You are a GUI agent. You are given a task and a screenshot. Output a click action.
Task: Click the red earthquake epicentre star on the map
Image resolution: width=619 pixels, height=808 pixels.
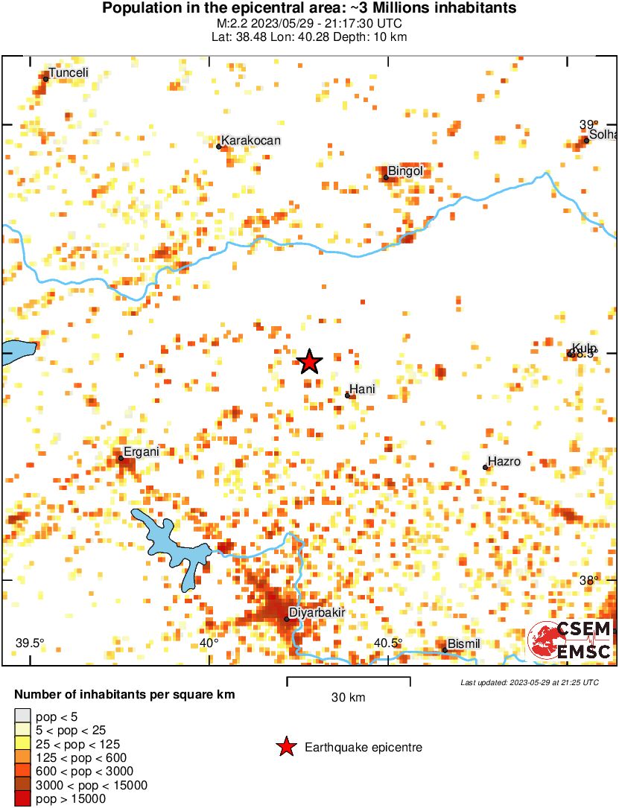(309, 362)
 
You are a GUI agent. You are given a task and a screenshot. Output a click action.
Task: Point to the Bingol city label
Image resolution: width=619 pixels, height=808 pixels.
(406, 171)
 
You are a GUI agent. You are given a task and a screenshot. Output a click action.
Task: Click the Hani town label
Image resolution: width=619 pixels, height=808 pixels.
(362, 389)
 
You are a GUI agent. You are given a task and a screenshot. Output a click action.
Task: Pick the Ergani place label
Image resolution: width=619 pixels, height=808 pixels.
(141, 451)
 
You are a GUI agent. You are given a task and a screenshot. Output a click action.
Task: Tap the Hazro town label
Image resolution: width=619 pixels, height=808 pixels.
(504, 462)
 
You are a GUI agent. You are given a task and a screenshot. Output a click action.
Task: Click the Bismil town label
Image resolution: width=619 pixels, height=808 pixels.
(463, 644)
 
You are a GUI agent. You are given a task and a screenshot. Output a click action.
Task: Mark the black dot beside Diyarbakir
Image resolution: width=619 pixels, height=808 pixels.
(287, 619)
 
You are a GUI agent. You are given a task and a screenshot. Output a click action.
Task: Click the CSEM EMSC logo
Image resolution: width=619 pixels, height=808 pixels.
(571, 640)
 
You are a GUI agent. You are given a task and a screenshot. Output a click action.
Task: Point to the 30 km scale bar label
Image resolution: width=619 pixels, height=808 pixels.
(349, 697)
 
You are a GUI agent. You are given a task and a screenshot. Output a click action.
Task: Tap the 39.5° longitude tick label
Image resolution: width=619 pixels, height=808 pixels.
(31, 643)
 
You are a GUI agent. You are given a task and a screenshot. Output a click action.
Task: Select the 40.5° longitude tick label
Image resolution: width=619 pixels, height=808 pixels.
(388, 643)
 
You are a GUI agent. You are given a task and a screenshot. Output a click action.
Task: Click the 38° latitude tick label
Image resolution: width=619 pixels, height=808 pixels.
(588, 581)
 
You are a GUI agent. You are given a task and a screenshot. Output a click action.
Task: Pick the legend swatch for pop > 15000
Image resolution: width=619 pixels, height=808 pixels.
(23, 799)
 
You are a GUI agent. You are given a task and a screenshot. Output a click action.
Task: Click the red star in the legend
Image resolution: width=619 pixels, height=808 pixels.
(285, 747)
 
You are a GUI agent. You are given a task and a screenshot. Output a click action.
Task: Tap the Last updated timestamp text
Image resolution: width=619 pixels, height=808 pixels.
(529, 682)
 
